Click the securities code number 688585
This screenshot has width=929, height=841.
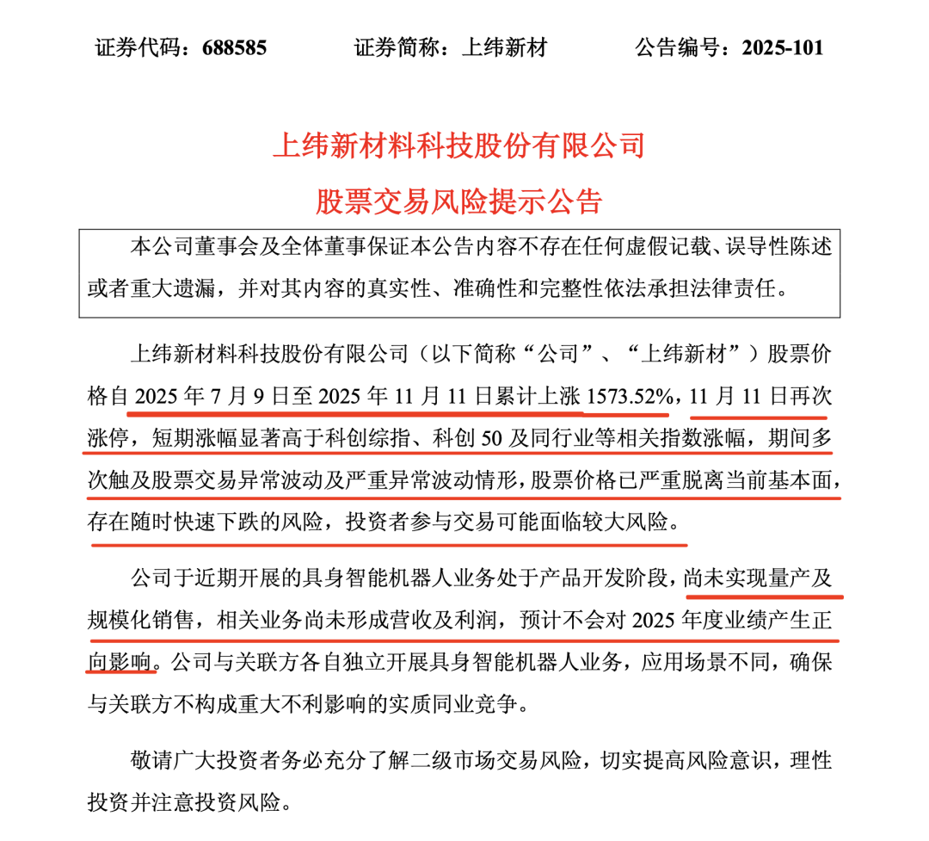coord(234,47)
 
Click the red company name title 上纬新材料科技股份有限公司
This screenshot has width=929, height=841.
coord(458,145)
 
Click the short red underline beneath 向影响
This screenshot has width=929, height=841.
coord(122,674)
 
